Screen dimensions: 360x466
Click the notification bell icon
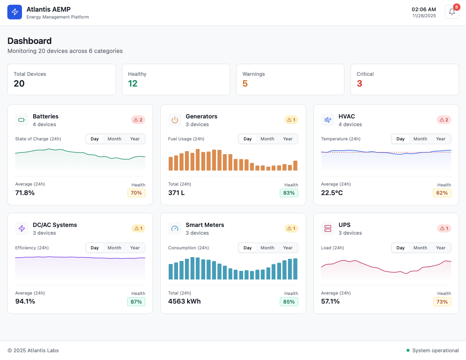(452, 12)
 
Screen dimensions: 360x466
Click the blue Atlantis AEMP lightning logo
(15, 12)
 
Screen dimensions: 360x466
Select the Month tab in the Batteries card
(114, 139)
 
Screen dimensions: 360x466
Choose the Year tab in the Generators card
(288, 139)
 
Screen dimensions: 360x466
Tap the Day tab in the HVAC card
(400, 139)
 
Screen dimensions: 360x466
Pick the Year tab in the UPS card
(441, 248)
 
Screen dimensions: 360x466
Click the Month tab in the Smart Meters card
(267, 248)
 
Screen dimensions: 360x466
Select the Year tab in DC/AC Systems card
(135, 248)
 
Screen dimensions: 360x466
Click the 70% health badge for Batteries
(136, 193)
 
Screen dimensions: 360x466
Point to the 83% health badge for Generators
(289, 193)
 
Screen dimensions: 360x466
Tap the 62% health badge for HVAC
(442, 193)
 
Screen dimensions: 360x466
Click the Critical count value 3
(360, 84)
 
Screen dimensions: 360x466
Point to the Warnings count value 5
(245, 84)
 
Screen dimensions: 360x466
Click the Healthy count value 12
(133, 84)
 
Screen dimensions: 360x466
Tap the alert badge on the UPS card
(444, 228)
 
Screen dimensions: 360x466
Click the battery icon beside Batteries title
(22, 120)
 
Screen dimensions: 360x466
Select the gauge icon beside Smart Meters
(175, 228)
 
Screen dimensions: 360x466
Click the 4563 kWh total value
(185, 301)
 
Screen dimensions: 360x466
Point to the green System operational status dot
(408, 351)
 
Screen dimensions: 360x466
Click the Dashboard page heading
(29, 41)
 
